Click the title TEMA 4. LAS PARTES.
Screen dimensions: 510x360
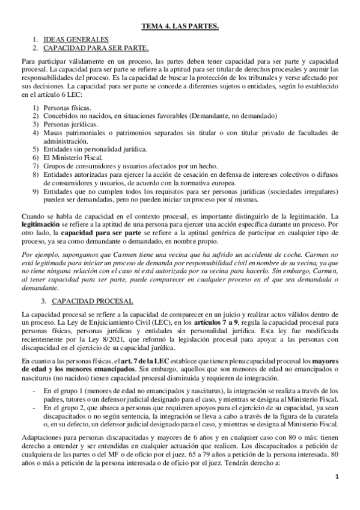pyautogui.click(x=180, y=26)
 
